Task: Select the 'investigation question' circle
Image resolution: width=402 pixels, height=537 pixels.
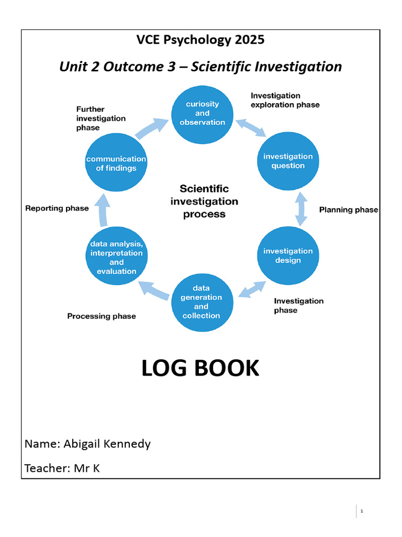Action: (287, 161)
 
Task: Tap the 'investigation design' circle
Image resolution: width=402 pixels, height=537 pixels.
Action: (287, 255)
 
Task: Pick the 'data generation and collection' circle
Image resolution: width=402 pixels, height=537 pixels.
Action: (201, 302)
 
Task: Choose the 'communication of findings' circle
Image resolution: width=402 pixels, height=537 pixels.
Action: (116, 163)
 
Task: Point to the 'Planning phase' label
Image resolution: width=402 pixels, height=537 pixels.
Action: (348, 210)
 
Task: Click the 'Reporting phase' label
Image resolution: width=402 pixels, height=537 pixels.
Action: (57, 208)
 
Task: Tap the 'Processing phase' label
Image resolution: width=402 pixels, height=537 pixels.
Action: (101, 316)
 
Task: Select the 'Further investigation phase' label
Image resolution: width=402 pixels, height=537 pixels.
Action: (101, 119)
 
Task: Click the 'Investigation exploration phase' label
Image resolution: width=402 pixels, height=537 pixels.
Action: (285, 100)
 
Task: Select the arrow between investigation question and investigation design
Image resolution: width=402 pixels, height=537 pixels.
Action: (300, 209)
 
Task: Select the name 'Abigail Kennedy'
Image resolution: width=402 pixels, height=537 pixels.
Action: (107, 444)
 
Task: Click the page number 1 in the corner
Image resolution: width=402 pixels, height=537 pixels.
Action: (361, 511)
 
